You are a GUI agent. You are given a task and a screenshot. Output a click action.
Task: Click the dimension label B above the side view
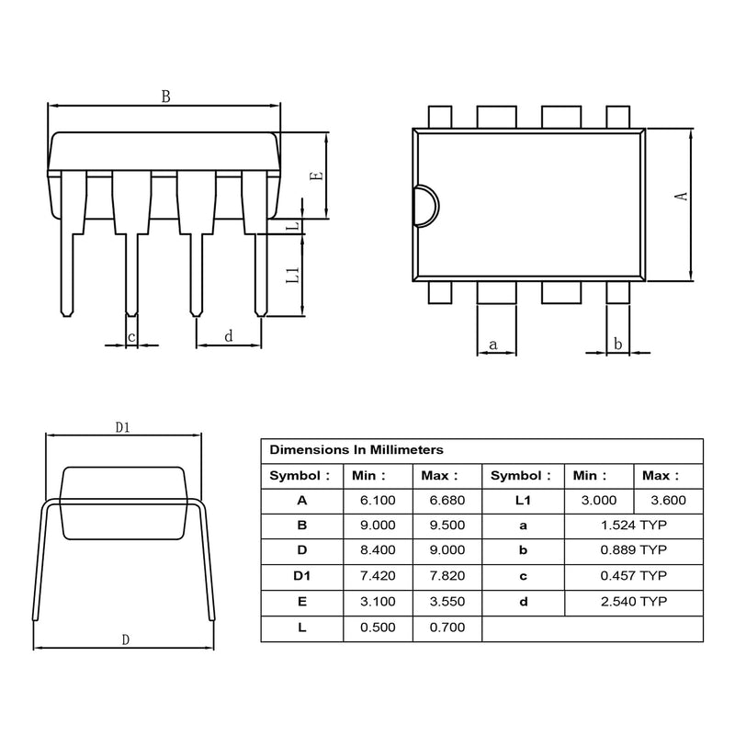tap(166, 96)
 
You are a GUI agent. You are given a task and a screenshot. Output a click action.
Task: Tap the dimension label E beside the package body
tap(318, 176)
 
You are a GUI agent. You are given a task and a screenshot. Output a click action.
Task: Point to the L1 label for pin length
tap(292, 275)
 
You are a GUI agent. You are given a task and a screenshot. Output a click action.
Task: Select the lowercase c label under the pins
tap(131, 337)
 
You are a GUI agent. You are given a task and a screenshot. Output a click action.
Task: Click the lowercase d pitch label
tap(228, 336)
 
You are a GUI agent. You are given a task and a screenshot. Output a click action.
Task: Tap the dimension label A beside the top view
tap(681, 196)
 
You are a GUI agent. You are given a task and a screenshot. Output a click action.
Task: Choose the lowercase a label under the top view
tap(492, 345)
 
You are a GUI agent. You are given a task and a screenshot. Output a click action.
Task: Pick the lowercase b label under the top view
tap(617, 344)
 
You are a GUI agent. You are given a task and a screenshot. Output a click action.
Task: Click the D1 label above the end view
tap(123, 427)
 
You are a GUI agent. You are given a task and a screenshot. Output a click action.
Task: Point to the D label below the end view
tap(126, 639)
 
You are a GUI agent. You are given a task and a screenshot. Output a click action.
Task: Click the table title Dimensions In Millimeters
tap(356, 450)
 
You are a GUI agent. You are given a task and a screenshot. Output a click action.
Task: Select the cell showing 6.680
tap(447, 500)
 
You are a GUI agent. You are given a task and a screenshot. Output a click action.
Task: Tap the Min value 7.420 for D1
tap(378, 576)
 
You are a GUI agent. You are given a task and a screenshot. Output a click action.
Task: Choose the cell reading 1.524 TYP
tap(634, 525)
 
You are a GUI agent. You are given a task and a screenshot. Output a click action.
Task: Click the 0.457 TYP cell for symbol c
tap(634, 576)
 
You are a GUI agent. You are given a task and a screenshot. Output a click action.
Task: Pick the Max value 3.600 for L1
tap(669, 500)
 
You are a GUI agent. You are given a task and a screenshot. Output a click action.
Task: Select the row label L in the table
tap(302, 628)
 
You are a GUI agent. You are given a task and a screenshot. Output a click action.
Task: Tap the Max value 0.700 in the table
tap(447, 628)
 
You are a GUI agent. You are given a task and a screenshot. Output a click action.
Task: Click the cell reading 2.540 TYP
tap(634, 602)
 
